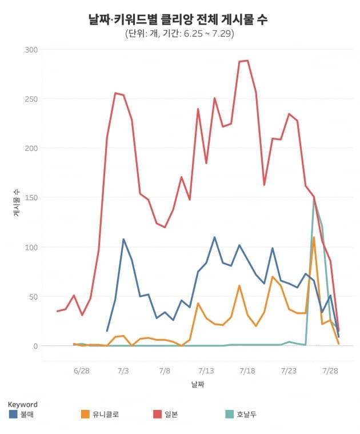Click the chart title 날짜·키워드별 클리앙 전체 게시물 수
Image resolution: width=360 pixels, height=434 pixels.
tap(178, 19)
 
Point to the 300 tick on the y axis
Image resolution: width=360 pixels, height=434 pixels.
tap(31, 50)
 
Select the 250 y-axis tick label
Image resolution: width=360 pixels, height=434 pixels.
tap(31, 99)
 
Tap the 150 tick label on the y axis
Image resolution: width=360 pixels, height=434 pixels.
tap(31, 198)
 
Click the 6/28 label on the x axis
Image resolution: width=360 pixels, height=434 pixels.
tap(82, 371)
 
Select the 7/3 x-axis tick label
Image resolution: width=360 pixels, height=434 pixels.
tap(123, 371)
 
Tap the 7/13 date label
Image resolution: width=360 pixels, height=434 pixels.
tap(206, 371)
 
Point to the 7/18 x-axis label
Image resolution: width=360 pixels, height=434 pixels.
tap(247, 371)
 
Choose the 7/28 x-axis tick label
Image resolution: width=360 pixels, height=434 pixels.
tap(330, 371)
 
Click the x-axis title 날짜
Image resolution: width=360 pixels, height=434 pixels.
tap(198, 385)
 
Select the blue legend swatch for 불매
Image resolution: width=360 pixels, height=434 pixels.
tap(13, 414)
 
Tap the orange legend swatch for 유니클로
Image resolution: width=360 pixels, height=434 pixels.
tap(86, 414)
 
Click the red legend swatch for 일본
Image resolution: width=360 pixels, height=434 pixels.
tap(158, 414)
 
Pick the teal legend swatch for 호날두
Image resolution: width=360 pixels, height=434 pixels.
tap(230, 414)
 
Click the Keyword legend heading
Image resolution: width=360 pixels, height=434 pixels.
tap(23, 404)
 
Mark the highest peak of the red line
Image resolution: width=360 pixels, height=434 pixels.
tap(247, 61)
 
